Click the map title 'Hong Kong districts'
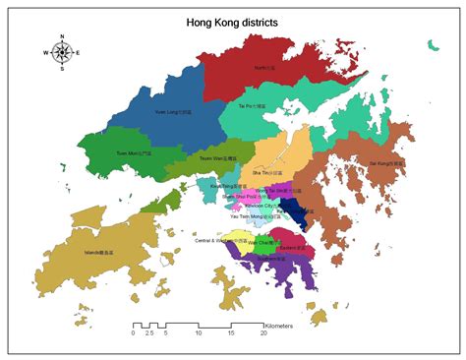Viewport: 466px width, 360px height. pos(232,21)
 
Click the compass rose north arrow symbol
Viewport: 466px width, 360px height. pos(62,52)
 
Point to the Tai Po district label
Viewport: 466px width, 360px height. pos(254,103)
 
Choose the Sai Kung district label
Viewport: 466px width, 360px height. pos(385,162)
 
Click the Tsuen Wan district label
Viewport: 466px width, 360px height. pos(218,158)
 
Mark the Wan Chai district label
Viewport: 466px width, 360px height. pos(259,241)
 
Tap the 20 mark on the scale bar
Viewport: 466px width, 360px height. pos(263,333)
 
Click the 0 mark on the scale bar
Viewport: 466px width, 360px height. pos(133,333)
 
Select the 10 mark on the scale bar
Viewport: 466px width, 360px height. pos(198,333)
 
